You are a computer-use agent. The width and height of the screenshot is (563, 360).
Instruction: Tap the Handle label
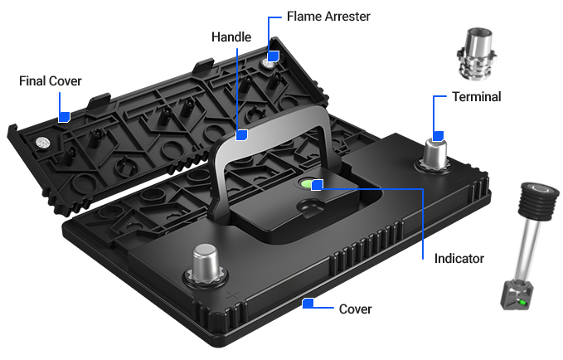point(231,37)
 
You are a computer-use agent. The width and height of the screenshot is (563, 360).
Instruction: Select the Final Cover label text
point(51,80)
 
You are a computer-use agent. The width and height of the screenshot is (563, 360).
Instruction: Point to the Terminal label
point(476,97)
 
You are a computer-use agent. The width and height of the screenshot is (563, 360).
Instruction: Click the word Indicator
point(459,259)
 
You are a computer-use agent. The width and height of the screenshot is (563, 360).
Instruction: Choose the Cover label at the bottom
point(356,309)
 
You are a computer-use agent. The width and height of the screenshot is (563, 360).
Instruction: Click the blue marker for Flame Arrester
point(273,57)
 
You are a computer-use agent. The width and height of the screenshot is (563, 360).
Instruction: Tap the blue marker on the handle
point(242,134)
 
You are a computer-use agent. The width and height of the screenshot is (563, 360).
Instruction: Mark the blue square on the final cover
point(64,118)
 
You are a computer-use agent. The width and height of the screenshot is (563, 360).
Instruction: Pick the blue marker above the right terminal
point(439,134)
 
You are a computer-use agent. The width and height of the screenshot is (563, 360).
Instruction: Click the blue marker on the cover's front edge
point(308,304)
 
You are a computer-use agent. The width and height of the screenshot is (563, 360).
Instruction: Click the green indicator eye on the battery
point(308,184)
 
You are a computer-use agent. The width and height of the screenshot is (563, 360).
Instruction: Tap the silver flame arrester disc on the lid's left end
point(39,143)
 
